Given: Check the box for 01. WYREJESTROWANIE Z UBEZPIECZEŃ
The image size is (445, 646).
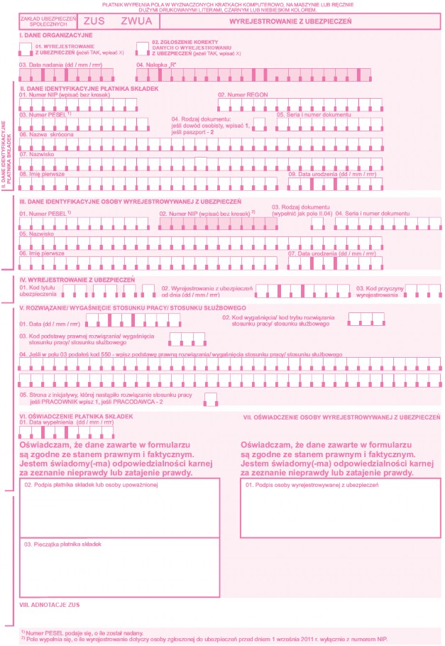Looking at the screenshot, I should point(25,48).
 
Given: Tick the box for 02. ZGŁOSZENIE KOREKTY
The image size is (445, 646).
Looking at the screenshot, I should point(142,48).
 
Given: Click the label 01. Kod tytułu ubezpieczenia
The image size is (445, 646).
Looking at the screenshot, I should point(37,290).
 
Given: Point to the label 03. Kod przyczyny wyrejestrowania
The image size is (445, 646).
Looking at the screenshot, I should point(380,290).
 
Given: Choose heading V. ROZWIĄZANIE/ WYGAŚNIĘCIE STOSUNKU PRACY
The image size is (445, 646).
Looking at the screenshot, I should point(117,307).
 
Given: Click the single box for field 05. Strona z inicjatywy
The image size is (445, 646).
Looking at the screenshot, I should point(210,398).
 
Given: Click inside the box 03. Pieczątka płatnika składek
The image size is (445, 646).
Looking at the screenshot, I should point(119,571).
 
